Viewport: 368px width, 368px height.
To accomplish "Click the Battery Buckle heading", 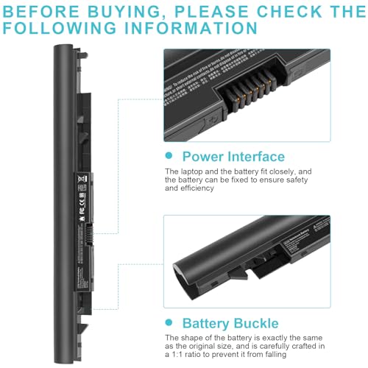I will [230, 323].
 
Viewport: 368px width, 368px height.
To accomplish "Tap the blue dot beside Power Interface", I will [169, 157].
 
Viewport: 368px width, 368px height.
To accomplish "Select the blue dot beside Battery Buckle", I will [169, 323].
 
